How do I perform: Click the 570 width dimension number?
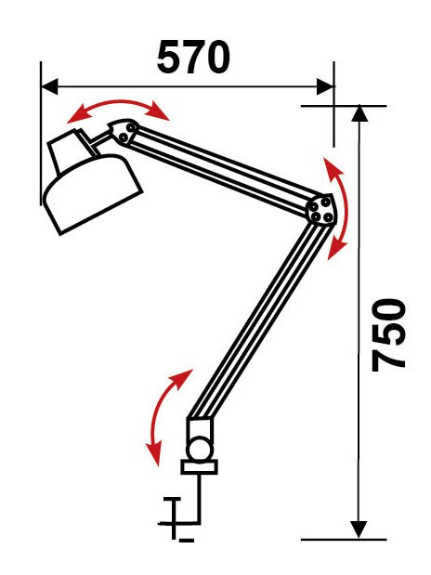tap(193, 58)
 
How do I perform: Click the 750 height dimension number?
tap(389, 334)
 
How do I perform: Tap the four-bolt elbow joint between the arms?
tap(321, 210)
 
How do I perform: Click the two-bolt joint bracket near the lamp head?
tap(123, 132)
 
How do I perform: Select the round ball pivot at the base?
tap(200, 449)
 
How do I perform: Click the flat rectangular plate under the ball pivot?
tap(199, 467)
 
